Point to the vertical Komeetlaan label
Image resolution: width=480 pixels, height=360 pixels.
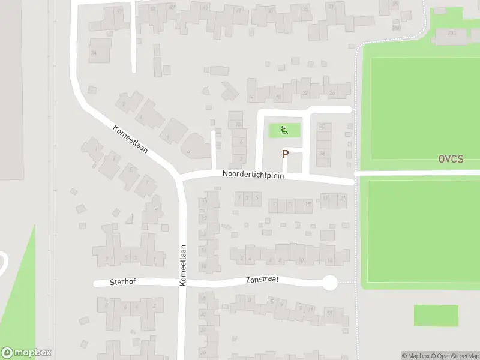183,265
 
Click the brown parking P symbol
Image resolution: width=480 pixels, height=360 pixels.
285,154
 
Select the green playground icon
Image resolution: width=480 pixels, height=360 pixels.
284,130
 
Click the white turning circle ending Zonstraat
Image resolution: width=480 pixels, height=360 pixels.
329,283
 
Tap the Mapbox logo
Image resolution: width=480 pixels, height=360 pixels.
26,352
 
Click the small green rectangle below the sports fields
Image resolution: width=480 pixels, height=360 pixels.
436,315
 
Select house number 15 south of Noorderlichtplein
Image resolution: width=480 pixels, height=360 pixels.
308,205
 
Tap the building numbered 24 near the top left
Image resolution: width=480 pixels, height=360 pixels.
94,53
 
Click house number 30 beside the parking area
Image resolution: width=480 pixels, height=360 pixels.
323,126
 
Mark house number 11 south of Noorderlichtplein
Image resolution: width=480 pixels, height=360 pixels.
290,205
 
